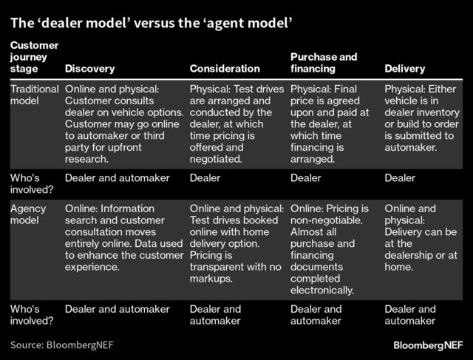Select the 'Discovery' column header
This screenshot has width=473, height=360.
click(x=90, y=69)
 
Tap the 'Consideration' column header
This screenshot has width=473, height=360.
click(x=225, y=69)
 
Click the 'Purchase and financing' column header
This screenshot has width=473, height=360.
click(x=324, y=63)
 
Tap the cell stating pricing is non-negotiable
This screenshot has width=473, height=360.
click(x=330, y=249)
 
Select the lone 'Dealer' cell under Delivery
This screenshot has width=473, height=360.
click(x=401, y=178)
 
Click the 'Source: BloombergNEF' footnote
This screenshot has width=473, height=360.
click(x=62, y=344)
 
